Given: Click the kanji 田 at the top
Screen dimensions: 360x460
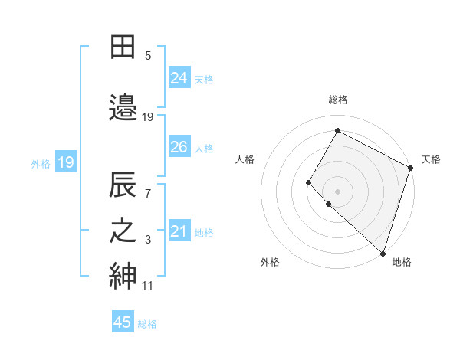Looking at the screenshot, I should point(123,47).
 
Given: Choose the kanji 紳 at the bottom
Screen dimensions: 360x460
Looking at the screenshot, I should point(123,276).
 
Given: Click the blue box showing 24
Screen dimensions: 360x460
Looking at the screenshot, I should point(179,77).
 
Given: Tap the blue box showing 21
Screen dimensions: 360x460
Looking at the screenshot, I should point(179,231).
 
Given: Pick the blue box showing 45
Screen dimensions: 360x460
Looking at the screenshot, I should point(123,322).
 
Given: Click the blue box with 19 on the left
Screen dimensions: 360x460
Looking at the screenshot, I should point(65,162).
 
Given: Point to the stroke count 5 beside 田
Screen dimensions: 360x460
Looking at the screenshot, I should point(148,56).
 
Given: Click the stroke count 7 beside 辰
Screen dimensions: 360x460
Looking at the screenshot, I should point(148,193).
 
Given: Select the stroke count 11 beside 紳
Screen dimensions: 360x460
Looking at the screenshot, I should point(147,286).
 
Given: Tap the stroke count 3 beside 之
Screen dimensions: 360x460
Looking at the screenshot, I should point(148,240).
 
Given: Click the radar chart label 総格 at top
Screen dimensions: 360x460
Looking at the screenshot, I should point(338,100).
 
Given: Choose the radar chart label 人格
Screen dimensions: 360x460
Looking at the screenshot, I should point(245,159).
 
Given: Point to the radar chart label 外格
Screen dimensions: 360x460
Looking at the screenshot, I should point(270,262).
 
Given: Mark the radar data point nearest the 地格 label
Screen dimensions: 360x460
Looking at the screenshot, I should point(383,253).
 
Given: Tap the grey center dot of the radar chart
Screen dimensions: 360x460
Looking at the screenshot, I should point(337,191).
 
